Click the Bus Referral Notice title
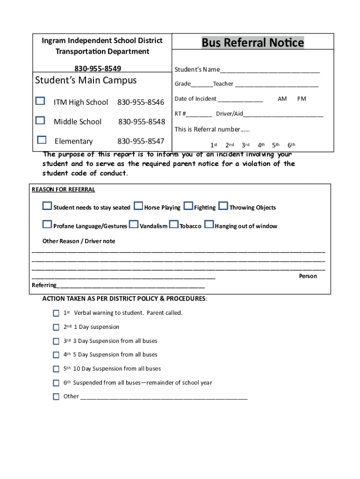252,43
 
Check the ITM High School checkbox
41,101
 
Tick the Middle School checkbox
41,121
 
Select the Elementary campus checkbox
42,140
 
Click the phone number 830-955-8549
101,69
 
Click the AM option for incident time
282,99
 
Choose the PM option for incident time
302,99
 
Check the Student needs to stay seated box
47,206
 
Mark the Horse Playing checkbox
138,206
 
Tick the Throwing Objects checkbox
223,206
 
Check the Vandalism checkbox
134,225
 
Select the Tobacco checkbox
173,225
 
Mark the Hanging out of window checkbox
209,225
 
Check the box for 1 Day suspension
56,327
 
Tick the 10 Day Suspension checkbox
56,369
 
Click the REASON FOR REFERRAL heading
63,189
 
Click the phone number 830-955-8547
141,141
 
